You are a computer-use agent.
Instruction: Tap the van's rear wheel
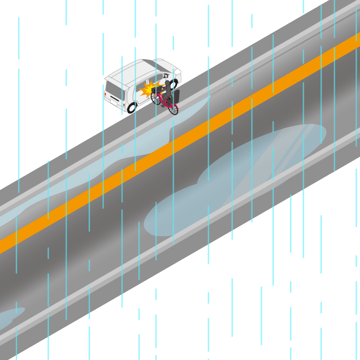tap(132, 107)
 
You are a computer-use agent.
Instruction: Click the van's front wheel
tap(174, 83)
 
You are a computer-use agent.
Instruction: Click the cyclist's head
tap(168, 84)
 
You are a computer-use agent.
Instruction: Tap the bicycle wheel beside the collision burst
tap(156, 98)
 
